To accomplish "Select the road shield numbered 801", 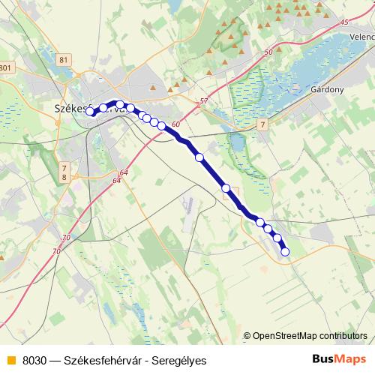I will [6, 68].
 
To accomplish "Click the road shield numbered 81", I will [62, 60].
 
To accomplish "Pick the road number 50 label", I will [269, 52].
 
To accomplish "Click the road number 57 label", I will [204, 100].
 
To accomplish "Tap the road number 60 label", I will [175, 124].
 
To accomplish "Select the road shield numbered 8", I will [64, 177].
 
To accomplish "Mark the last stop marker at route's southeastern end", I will [285, 252].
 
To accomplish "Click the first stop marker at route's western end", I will [90, 112].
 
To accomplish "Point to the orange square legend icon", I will [10, 359].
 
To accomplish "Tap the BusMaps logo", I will [340, 358].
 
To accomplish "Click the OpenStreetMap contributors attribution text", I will [310, 335].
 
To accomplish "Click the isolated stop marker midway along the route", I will [199, 157].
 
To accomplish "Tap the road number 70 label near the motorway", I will [66, 238].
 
